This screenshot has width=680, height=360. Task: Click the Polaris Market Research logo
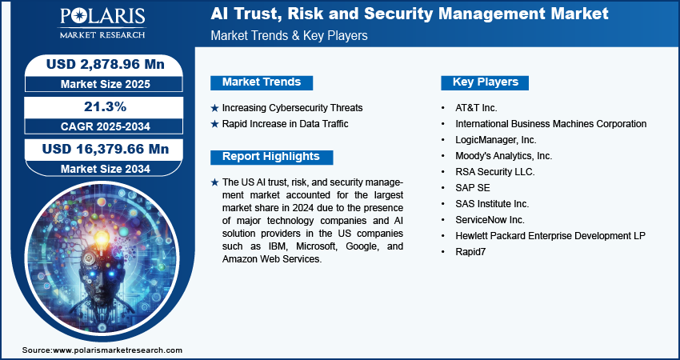pos(102,23)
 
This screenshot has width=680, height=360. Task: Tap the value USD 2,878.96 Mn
pos(106,64)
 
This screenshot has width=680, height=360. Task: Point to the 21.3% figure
pos(106,106)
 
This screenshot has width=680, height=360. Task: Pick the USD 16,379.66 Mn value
pos(106,149)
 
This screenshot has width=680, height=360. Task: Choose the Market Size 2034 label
pos(106,169)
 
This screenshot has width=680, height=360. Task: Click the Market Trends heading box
pos(262,82)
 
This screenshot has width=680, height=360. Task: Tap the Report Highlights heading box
pos(271,157)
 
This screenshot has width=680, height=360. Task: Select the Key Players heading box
pos(485,82)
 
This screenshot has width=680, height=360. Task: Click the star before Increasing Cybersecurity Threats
pos(214,108)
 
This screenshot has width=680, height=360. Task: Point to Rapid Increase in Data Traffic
pos(286,124)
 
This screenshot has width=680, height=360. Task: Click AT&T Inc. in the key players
pos(476,108)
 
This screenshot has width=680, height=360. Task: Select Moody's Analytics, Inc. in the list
pos(503,156)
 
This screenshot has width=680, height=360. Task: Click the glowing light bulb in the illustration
pos(102,238)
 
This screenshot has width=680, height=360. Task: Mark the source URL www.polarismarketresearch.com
pos(118,350)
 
